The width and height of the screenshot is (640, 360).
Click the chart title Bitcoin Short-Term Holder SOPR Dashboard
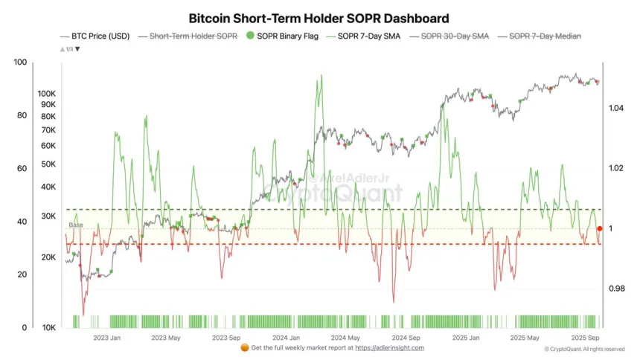click(x=319, y=17)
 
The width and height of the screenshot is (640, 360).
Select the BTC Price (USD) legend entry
click(x=97, y=36)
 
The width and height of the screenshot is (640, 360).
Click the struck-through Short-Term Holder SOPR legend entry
click(x=193, y=36)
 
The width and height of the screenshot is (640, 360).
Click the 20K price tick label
click(x=48, y=257)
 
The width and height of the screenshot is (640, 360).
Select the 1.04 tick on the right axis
click(x=615, y=109)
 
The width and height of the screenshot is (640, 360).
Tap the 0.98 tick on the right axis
click(x=615, y=289)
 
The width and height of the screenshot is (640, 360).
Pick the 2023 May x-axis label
click(x=166, y=337)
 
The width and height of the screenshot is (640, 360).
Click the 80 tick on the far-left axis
click(x=21, y=115)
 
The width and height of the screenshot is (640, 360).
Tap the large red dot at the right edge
click(x=600, y=228)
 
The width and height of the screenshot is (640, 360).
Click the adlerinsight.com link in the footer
click(x=389, y=347)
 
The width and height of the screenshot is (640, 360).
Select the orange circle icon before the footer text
click(x=245, y=347)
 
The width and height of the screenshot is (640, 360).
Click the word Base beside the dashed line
click(x=76, y=225)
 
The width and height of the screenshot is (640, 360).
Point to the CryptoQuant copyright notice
click(x=584, y=349)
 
